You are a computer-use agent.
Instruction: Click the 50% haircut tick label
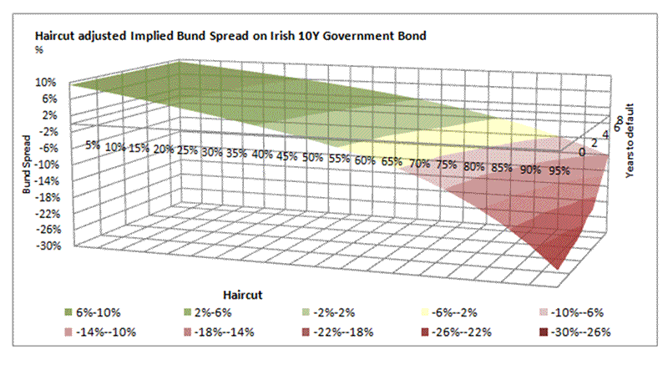312,157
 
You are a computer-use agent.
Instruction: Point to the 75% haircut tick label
448,165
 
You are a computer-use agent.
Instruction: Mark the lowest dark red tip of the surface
558,266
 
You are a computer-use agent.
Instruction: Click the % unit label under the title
38,49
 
